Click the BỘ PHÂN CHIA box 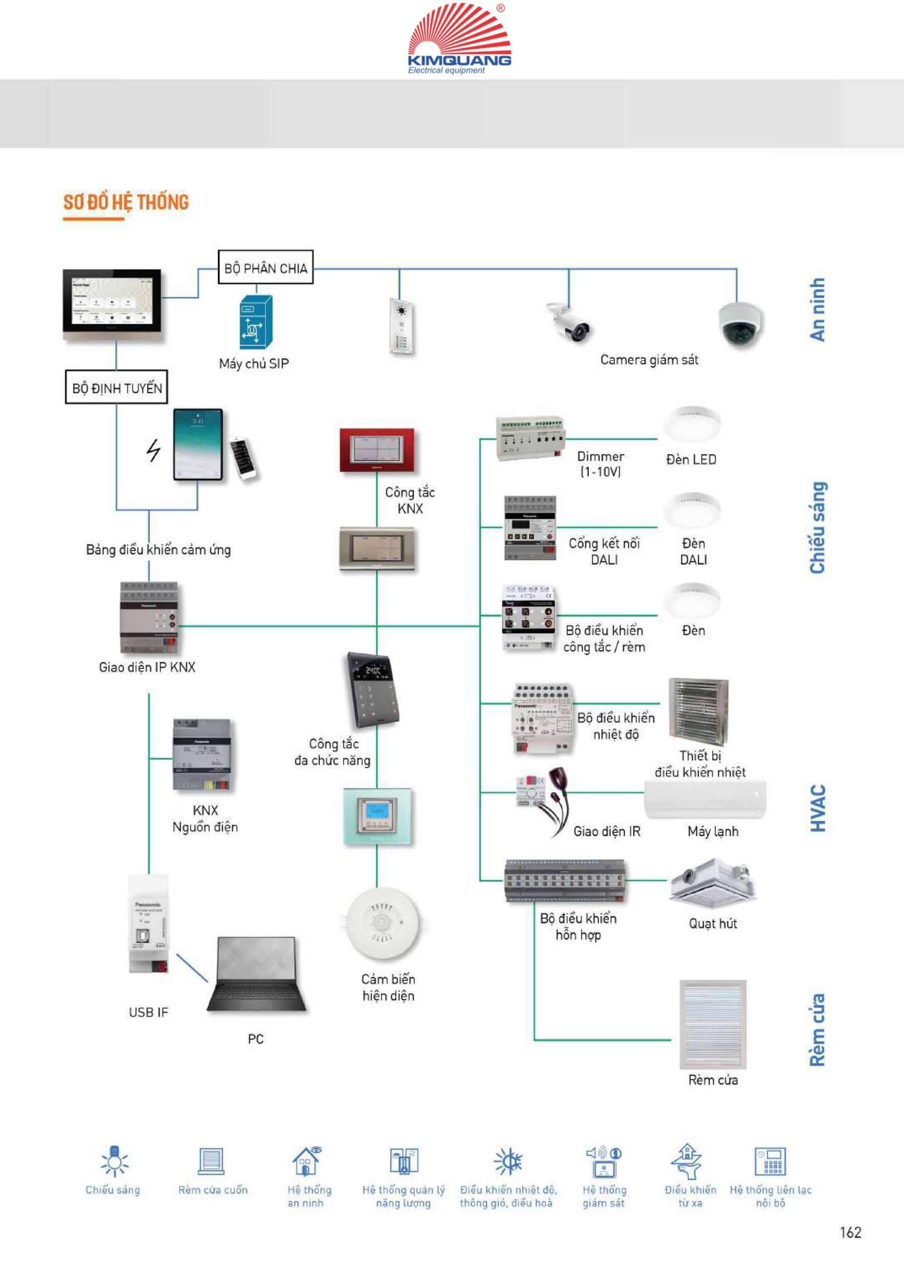(x=265, y=268)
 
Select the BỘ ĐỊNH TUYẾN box (x=117, y=387)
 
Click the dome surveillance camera (x=740, y=324)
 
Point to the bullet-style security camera (x=569, y=321)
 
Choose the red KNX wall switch (x=377, y=450)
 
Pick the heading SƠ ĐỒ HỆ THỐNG (x=126, y=202)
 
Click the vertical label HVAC (x=818, y=808)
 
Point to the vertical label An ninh (x=817, y=310)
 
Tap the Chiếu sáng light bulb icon (x=114, y=1161)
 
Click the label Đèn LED (x=691, y=459)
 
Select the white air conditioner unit (x=705, y=800)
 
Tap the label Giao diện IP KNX (x=147, y=667)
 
